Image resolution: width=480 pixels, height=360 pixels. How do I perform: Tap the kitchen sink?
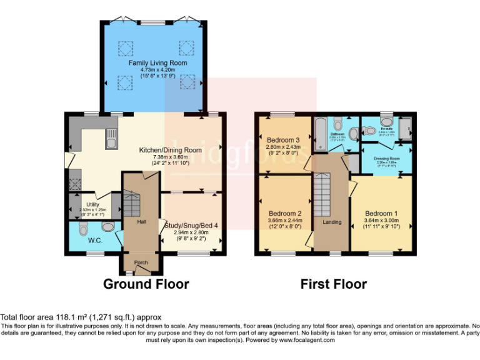[111, 138]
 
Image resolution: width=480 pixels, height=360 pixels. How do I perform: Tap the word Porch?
[141, 262]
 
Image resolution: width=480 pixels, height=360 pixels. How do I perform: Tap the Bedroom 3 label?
[284, 139]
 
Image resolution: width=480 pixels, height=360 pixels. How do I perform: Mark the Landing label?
[332, 221]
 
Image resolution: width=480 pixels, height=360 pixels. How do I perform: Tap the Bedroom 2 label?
[284, 213]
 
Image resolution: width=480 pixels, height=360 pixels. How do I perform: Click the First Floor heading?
[333, 284]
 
